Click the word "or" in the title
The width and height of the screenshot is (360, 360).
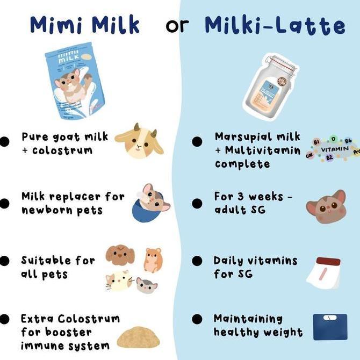point(177,25)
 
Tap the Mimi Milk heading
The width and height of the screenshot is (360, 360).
point(85,25)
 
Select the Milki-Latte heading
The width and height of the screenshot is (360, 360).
point(275,25)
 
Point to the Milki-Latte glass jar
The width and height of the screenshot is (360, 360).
point(271,87)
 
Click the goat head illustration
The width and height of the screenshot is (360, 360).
point(138,141)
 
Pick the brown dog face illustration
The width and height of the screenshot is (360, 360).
point(120,255)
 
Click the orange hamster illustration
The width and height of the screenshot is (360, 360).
point(153,260)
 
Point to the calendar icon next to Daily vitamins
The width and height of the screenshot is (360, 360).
point(325,272)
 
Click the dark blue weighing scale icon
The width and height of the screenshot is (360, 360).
point(330,327)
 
